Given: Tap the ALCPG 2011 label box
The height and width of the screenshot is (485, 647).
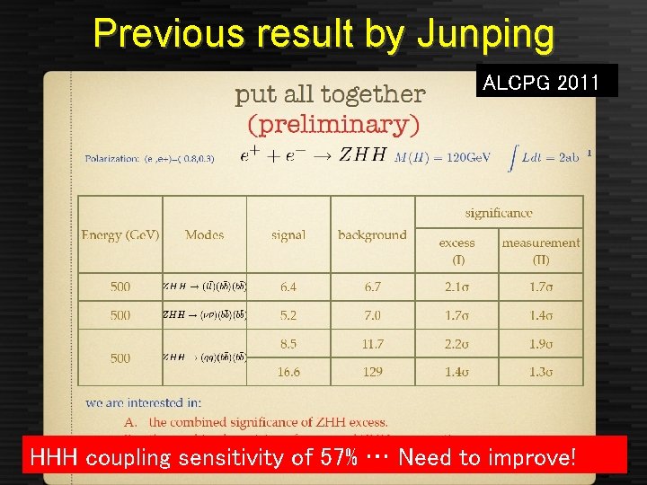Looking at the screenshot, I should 541,84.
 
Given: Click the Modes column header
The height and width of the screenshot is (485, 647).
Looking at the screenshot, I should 204,234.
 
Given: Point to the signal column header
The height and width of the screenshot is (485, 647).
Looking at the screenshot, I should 288,234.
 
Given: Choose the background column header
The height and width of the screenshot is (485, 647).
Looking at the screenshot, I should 372,234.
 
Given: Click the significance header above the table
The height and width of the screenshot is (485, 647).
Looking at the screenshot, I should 499,213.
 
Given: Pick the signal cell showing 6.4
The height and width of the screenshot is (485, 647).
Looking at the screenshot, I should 288,287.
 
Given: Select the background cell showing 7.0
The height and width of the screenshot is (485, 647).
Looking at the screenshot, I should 372,315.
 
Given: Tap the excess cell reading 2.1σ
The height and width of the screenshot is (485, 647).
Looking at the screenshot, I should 457,287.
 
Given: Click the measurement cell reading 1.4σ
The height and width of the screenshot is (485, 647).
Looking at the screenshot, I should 541,315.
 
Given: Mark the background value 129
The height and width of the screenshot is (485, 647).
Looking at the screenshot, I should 372,371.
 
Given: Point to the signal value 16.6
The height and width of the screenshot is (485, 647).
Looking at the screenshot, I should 288,371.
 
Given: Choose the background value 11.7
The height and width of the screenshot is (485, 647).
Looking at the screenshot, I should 372,343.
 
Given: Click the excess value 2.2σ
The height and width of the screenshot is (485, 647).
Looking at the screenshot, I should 457,343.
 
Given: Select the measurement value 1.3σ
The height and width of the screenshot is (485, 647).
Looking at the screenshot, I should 541,371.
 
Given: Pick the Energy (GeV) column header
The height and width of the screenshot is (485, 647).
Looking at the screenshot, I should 120,234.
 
